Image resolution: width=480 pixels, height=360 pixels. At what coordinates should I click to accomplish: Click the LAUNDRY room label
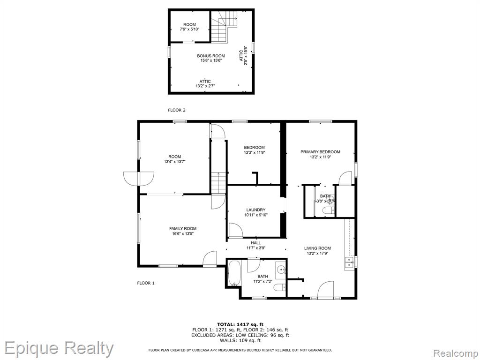point(255,210)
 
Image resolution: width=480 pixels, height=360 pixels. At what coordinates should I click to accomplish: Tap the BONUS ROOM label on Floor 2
point(211,56)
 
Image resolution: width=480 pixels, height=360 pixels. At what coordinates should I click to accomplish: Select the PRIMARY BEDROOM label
point(320,152)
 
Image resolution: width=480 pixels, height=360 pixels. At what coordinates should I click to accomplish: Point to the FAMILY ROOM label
point(183,228)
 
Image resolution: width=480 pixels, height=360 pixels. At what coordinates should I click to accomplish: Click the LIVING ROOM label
point(317,248)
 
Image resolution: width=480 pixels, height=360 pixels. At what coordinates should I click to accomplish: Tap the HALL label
point(256,243)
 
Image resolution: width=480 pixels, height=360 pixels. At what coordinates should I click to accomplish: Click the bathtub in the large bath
point(234,273)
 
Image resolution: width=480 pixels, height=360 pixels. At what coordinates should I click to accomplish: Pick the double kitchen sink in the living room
point(349,262)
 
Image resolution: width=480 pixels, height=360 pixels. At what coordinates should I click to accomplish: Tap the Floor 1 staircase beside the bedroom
point(218,183)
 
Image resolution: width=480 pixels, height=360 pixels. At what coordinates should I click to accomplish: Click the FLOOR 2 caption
point(177,110)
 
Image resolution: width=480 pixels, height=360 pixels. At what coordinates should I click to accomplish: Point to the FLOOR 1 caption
point(146,283)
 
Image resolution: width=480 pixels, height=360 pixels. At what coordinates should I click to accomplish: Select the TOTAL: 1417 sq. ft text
point(240,324)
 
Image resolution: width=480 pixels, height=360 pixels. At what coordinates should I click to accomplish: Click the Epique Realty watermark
point(59,349)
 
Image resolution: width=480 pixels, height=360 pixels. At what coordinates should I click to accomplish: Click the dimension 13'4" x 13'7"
point(174,162)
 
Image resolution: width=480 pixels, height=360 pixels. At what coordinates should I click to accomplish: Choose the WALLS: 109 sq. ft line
point(240,340)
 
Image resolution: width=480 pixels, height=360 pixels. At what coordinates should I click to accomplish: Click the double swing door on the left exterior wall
point(139,179)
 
